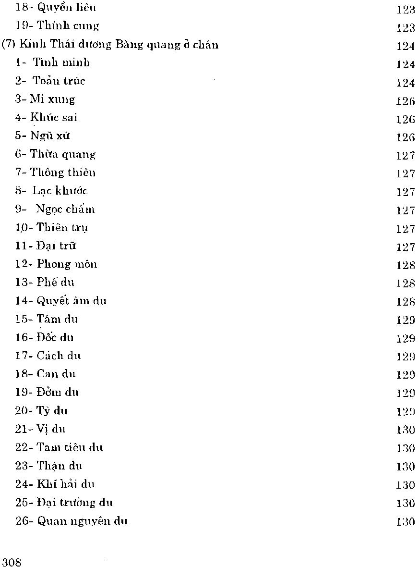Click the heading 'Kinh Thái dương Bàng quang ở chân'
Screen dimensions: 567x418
[x=110, y=45]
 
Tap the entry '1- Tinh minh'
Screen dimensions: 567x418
[x=52, y=63]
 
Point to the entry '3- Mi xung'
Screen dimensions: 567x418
[x=46, y=99]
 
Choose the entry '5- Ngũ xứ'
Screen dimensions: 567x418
[x=43, y=136]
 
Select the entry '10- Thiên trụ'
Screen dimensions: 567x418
[x=51, y=227]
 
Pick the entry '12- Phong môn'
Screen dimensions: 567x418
[x=56, y=264]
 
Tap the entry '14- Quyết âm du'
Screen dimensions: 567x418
[x=61, y=301]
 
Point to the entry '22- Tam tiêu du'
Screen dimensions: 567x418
[x=59, y=447]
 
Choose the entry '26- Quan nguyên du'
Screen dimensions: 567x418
[x=71, y=521]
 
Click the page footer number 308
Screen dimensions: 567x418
[x=12, y=563]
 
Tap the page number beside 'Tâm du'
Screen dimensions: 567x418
[x=406, y=320]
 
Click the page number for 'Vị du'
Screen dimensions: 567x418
[x=406, y=430]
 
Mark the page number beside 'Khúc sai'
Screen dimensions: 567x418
[x=406, y=118]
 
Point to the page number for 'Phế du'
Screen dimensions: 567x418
[x=406, y=283]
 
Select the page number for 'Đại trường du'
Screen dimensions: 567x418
[x=406, y=503]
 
